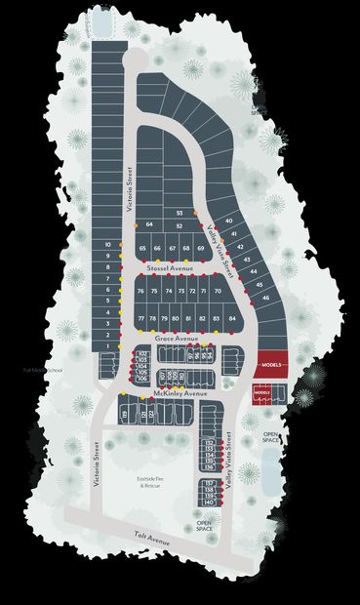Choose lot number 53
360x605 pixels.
tap(180, 213)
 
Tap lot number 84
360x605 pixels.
tap(232, 319)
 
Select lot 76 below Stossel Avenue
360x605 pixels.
tap(141, 292)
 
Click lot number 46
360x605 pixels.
tap(264, 297)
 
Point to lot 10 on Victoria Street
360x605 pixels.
tap(107, 245)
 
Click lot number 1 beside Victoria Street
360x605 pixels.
tap(107, 345)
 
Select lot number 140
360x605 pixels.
tap(210, 502)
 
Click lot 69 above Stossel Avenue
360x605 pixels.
tap(200, 249)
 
